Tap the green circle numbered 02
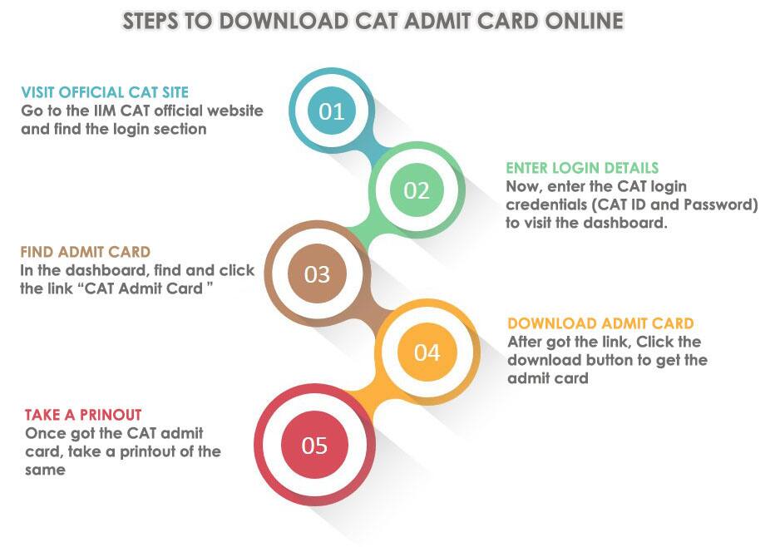pos(416,190)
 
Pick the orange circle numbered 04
pos(427,352)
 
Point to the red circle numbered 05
pos(314,446)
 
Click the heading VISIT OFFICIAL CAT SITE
pos(105,92)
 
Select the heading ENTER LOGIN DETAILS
pos(582,168)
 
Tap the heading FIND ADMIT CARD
pos(86,252)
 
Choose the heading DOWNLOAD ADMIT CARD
pos(600,323)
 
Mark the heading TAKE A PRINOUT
pos(83,414)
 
